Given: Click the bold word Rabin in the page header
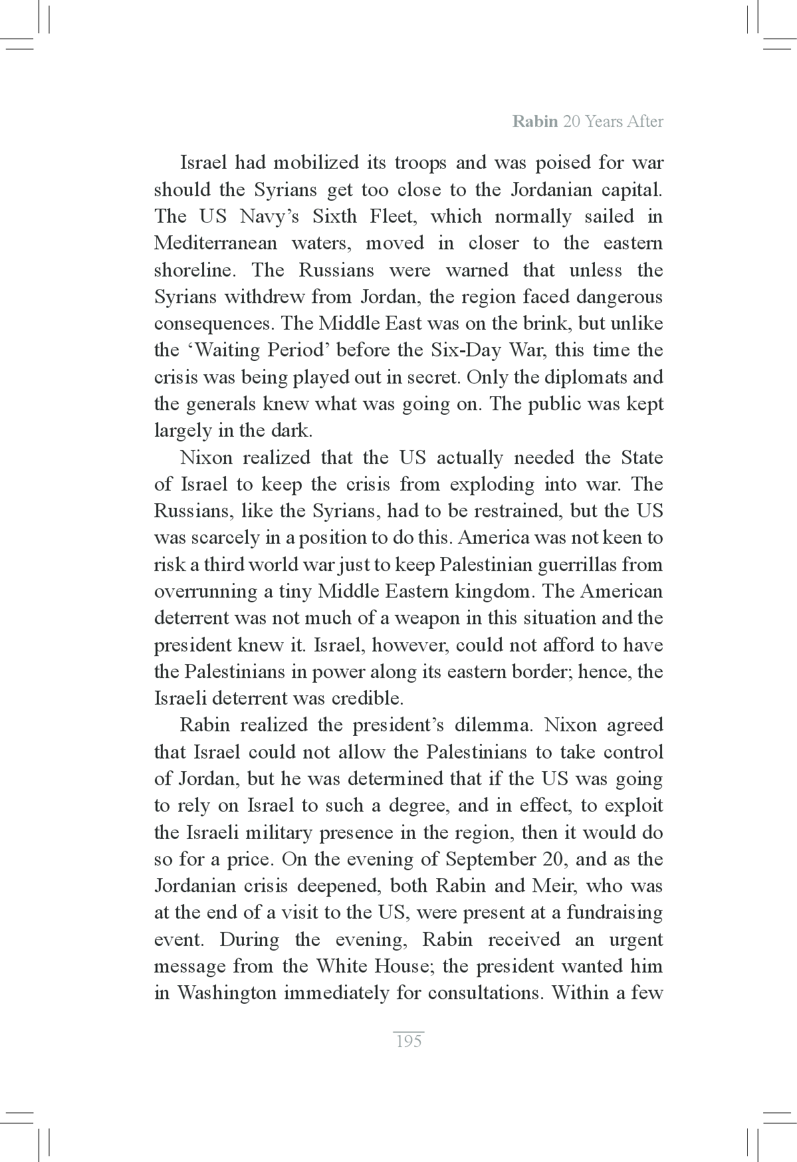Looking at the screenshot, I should [x=534, y=122].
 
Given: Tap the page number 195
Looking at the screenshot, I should [x=408, y=1041].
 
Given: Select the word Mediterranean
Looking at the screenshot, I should [x=215, y=243].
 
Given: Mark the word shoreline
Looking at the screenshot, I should [x=195, y=270].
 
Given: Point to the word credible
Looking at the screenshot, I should [x=377, y=698].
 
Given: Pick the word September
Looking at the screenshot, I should [x=491, y=859].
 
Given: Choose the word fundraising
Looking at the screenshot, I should [x=614, y=912].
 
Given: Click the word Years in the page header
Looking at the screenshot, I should [x=604, y=122].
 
